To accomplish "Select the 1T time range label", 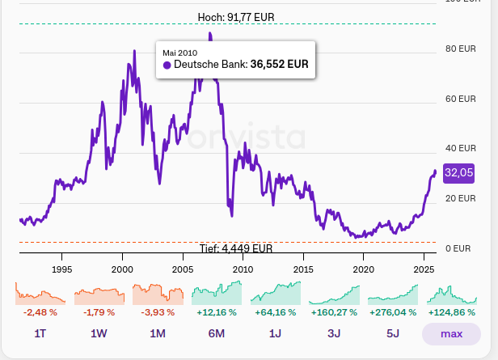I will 40,333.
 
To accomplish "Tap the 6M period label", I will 216,333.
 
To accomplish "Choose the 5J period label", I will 392,333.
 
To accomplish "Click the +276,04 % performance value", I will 392,312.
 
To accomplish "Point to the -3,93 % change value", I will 157,312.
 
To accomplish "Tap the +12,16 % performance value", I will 216,312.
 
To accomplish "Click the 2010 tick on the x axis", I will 243,269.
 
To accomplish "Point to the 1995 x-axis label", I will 62,269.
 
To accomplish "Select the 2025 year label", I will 424,269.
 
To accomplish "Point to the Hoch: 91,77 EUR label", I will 234,16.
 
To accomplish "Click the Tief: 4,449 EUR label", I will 236,248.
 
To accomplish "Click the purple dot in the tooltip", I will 167,65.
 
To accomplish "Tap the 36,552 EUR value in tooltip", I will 279,65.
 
